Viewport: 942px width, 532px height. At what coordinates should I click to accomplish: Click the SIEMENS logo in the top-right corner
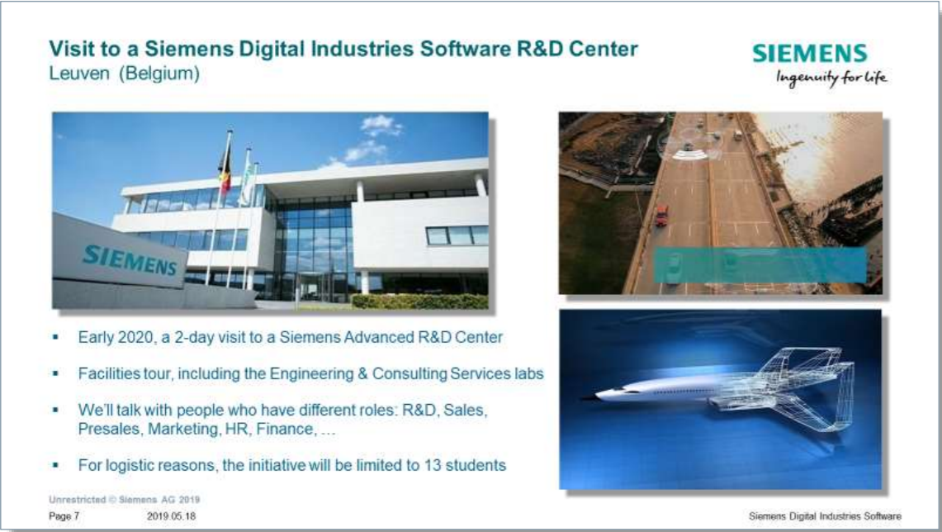pos(810,54)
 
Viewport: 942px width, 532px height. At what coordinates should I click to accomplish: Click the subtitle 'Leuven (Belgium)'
pos(124,74)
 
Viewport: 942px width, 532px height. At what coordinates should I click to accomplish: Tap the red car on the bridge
pos(661,216)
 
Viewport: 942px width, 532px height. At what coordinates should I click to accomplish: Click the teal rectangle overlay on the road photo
pos(760,265)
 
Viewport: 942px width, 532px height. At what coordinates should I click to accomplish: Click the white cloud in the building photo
pos(380,126)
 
